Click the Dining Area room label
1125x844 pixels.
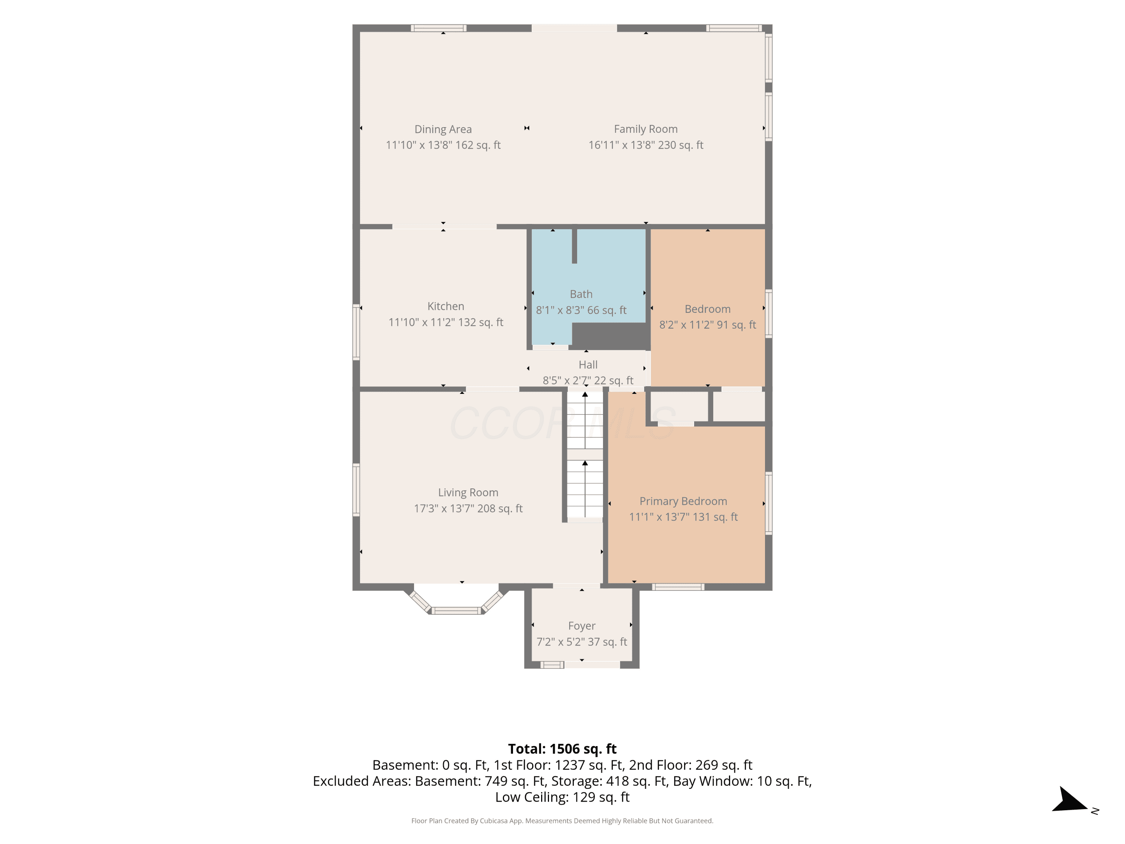tap(443, 129)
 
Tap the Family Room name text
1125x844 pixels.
tap(645, 129)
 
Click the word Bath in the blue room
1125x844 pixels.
tap(581, 294)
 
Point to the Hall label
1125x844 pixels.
tap(588, 365)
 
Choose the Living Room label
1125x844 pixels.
tap(468, 493)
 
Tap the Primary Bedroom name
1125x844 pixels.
tap(683, 501)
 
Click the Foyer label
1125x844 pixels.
tap(581, 626)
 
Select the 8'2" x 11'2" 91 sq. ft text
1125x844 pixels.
tap(708, 324)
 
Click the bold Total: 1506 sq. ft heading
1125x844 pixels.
tap(562, 749)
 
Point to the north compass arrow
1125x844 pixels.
tap(1069, 800)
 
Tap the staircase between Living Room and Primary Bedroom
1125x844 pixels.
tap(585, 456)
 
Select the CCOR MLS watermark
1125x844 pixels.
tap(562, 423)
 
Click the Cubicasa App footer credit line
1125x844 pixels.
tap(562, 821)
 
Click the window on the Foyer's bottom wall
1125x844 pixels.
tap(552, 664)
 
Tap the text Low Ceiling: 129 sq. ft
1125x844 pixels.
tap(562, 797)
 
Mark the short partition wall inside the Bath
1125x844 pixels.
tap(574, 246)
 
